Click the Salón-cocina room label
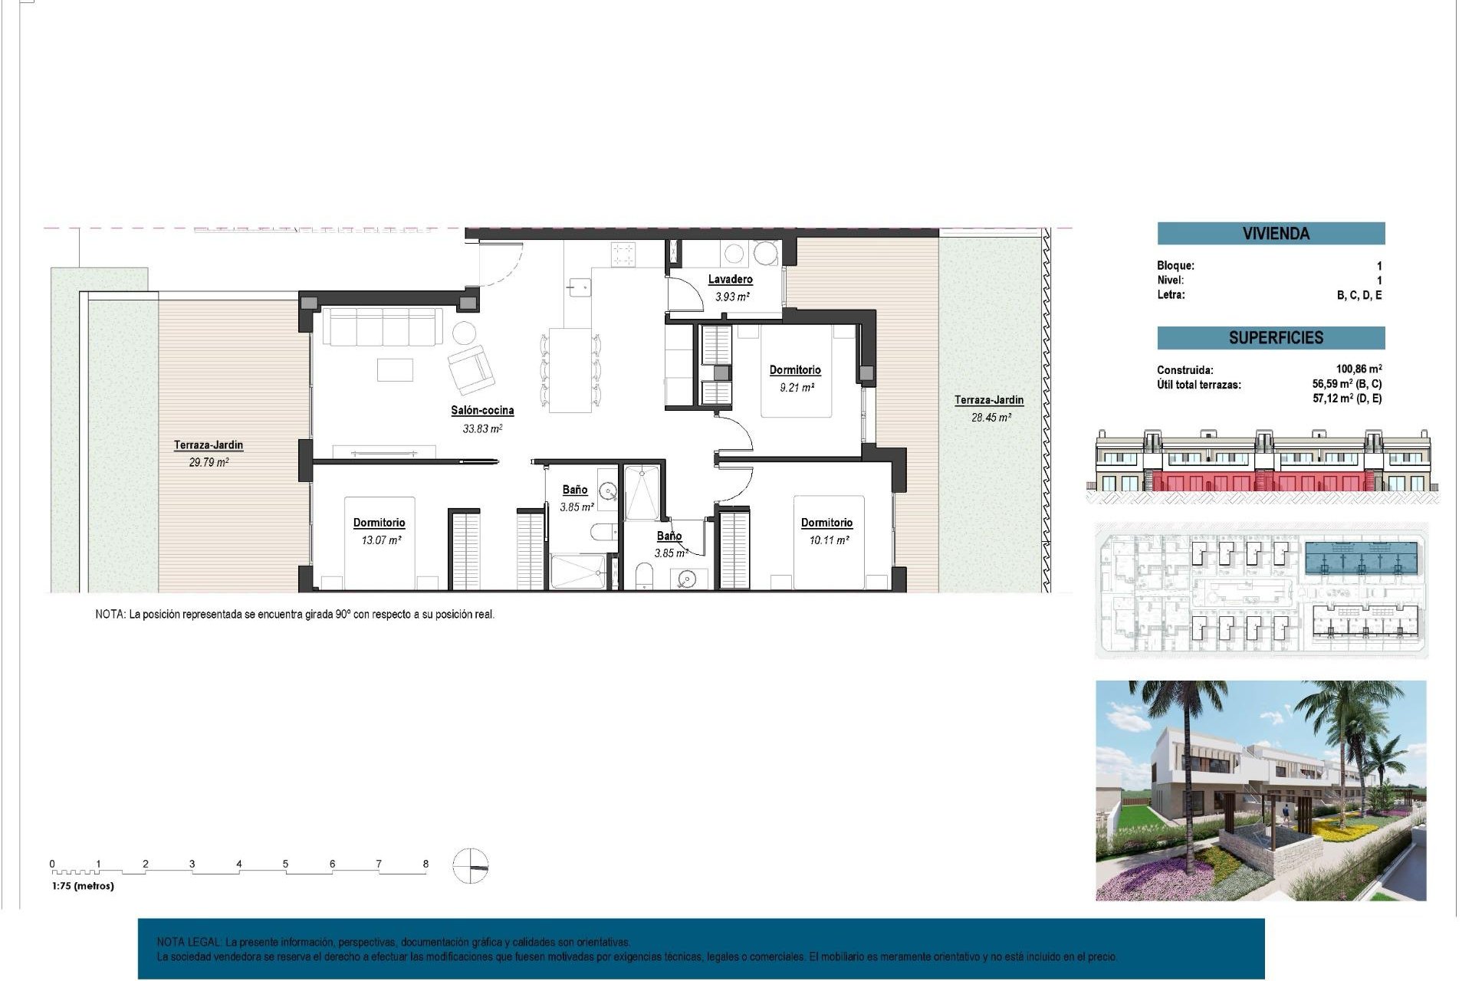point(482,411)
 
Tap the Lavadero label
point(730,280)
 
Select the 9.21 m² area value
point(797,388)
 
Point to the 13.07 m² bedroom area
point(381,540)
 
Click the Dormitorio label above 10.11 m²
point(826,523)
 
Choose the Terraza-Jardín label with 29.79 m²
point(209,445)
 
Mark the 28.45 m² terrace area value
point(991,418)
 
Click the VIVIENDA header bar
point(1270,234)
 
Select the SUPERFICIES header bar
point(1270,338)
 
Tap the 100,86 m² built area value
point(1359,369)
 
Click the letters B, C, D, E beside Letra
point(1359,296)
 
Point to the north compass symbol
point(470,867)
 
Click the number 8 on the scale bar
point(426,864)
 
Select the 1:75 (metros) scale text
point(83,886)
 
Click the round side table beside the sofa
point(463,333)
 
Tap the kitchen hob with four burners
point(623,254)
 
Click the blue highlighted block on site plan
point(1361,559)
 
